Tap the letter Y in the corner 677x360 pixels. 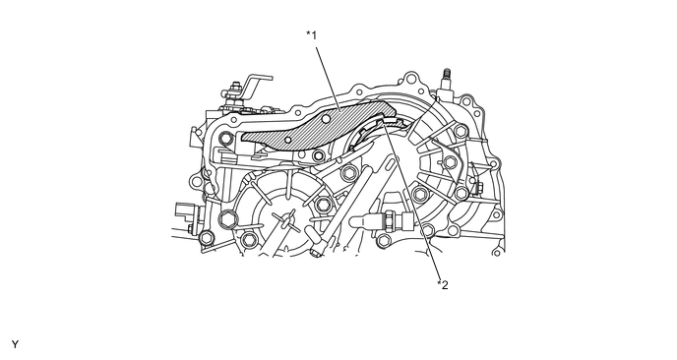15,344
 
